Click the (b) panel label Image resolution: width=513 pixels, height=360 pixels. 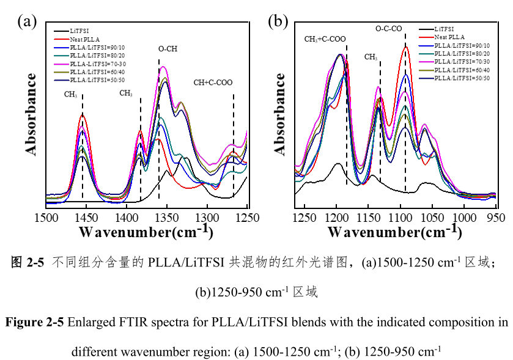point(278,22)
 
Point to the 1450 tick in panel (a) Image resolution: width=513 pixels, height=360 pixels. point(86,217)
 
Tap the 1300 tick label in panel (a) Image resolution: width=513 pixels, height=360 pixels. point(207,217)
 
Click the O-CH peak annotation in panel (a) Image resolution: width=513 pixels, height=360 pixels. point(168,50)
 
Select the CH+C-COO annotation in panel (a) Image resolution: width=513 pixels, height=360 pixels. point(213,83)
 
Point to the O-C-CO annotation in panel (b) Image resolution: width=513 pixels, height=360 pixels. point(389,28)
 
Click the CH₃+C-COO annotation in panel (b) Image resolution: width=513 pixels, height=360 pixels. point(325,39)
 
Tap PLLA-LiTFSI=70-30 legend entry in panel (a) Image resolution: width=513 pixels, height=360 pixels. point(98,63)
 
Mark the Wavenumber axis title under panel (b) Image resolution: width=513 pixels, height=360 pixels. point(394,232)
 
